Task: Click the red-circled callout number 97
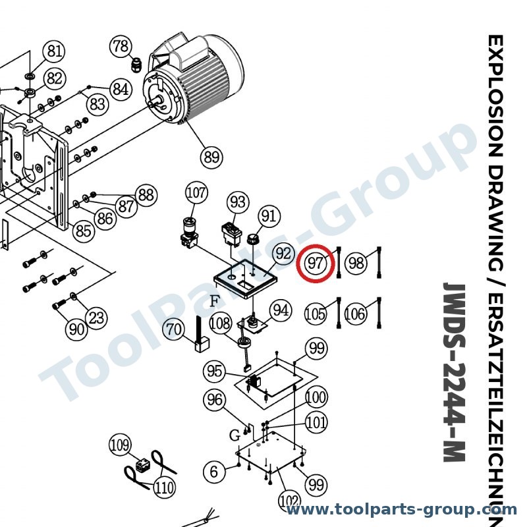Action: point(316,263)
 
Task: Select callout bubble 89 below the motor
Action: point(211,157)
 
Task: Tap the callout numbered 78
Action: point(121,46)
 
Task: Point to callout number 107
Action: point(196,193)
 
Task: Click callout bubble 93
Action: point(238,202)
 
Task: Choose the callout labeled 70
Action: point(174,330)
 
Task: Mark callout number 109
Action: point(121,445)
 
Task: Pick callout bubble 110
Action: point(164,487)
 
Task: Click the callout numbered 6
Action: point(214,472)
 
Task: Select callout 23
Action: point(96,318)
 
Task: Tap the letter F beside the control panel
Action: point(215,301)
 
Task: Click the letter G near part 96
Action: point(235,435)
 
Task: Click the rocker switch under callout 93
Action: point(232,231)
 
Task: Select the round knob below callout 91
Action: point(253,240)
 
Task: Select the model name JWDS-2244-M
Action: point(455,372)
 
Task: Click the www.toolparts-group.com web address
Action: point(401,509)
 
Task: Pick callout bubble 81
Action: point(55,51)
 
